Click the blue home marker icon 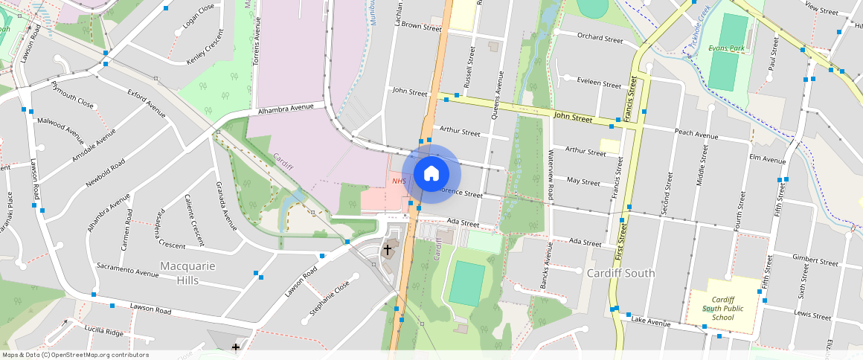pos(431,174)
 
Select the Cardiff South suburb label pos(620,273)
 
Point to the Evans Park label pos(726,48)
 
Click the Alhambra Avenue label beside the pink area pos(286,109)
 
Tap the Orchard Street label pos(600,39)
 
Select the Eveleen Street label pos(599,84)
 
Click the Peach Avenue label pos(696,135)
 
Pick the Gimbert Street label pos(815,260)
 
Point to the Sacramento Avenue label pos(127,269)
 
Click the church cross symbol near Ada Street pos(387,249)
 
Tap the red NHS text pos(399,181)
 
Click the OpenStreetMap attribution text pos(76,355)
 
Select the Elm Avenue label pos(768,159)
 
